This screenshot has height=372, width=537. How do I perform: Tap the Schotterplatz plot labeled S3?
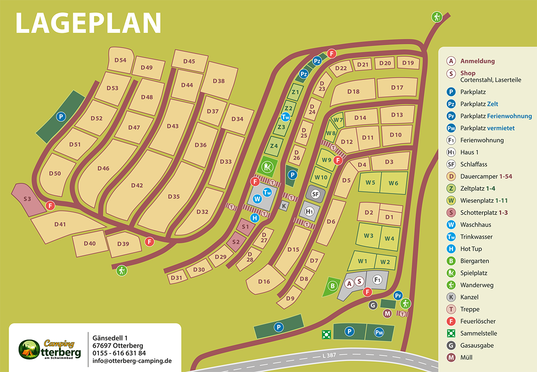pyautogui.click(x=27, y=199)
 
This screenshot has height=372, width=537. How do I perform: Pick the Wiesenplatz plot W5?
pyautogui.click(x=370, y=183)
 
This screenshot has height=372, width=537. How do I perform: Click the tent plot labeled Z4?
pyautogui.click(x=274, y=146)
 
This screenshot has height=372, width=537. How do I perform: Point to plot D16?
pyautogui.click(x=264, y=282)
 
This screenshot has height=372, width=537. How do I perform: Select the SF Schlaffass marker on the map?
pyautogui.click(x=315, y=194)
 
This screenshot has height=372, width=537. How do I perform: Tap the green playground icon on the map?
pyautogui.click(x=267, y=167)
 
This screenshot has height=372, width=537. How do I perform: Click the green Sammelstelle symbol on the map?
pyautogui.click(x=326, y=334)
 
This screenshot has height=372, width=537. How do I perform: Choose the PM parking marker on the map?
pyautogui.click(x=379, y=332)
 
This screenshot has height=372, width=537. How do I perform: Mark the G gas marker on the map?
pyautogui.click(x=373, y=305)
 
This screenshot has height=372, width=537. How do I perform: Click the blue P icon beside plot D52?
pyautogui.click(x=61, y=116)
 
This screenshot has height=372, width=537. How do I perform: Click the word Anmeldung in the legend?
pyautogui.click(x=477, y=61)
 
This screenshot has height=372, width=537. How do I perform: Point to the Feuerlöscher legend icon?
pyautogui.click(x=451, y=321)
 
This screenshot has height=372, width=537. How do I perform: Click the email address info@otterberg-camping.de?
pyautogui.click(x=132, y=361)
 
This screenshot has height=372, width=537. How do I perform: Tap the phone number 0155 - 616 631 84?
pyautogui.click(x=119, y=353)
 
